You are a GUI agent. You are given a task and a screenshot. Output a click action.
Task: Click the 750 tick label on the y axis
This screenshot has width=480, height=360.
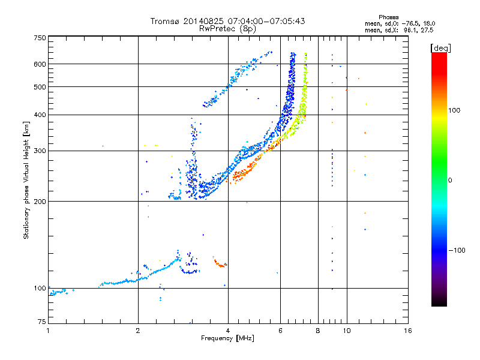[x=40, y=38]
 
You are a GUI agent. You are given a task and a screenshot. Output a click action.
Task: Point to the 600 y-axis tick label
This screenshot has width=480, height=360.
[x=40, y=64]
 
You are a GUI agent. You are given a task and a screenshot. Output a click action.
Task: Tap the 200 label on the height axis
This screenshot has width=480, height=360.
[x=40, y=202]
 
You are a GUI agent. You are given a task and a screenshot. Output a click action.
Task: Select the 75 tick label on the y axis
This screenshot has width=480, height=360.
[x=42, y=322]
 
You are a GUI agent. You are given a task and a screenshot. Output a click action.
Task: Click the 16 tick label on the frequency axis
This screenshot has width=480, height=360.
[x=408, y=331]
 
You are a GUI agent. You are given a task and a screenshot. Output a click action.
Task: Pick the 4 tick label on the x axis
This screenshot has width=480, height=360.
[x=228, y=331]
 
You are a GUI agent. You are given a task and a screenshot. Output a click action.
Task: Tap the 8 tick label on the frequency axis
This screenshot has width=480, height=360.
[x=318, y=331]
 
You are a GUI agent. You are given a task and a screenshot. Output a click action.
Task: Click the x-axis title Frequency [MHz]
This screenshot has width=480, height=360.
[x=227, y=338]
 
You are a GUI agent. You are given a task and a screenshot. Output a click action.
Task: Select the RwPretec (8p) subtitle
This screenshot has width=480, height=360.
[x=227, y=29]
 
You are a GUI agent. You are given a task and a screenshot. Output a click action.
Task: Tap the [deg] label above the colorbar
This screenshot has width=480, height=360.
[x=440, y=48]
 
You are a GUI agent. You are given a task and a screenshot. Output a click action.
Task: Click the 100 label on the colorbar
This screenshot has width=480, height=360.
[x=454, y=110]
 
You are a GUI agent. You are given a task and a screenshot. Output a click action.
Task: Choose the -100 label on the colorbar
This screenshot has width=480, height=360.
[x=457, y=250]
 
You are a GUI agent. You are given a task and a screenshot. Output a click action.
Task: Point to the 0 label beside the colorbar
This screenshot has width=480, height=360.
[x=450, y=181]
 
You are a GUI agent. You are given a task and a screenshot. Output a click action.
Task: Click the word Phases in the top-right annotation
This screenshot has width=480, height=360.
[x=388, y=17]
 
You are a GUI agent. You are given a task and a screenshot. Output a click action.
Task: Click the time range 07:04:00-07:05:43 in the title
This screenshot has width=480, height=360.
[x=266, y=21]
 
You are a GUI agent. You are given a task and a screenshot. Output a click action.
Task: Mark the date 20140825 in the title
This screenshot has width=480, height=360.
[x=203, y=21]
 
